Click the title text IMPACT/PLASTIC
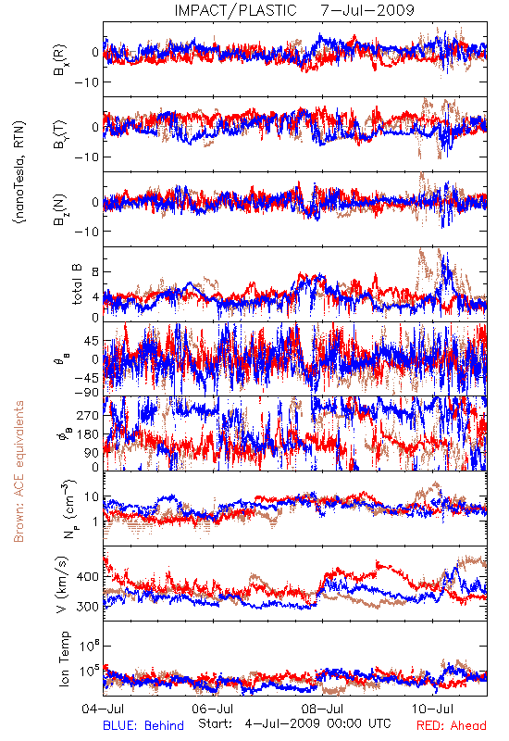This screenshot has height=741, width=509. [235, 10]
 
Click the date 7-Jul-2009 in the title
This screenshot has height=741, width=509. [367, 10]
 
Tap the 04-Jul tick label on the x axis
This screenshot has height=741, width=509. [103, 709]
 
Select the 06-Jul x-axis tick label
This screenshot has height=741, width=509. [213, 709]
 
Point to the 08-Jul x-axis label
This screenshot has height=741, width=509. [322, 709]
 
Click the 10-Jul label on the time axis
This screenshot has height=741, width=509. [432, 709]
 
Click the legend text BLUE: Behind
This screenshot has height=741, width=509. [143, 725]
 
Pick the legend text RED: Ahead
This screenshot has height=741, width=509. [452, 725]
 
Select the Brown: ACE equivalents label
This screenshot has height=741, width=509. [19, 471]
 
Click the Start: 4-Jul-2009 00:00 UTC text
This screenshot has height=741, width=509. [294, 723]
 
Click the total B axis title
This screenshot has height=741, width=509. [77, 284]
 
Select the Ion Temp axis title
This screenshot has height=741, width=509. [64, 659]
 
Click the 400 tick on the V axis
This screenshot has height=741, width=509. [87, 577]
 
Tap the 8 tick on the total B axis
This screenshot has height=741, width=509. [95, 272]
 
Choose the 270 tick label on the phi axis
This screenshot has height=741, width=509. [87, 415]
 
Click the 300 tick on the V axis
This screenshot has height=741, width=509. [87, 607]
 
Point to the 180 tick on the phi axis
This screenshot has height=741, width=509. [87, 434]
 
